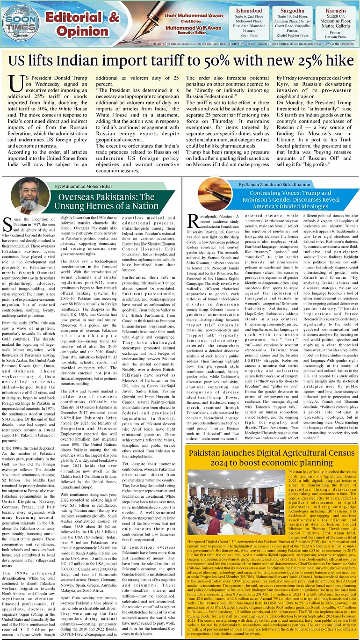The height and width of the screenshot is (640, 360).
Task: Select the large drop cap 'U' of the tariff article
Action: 18,87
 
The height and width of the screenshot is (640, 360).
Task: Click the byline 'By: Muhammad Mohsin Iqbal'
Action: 86,187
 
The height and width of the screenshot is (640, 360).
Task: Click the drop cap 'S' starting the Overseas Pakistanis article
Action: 8,225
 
